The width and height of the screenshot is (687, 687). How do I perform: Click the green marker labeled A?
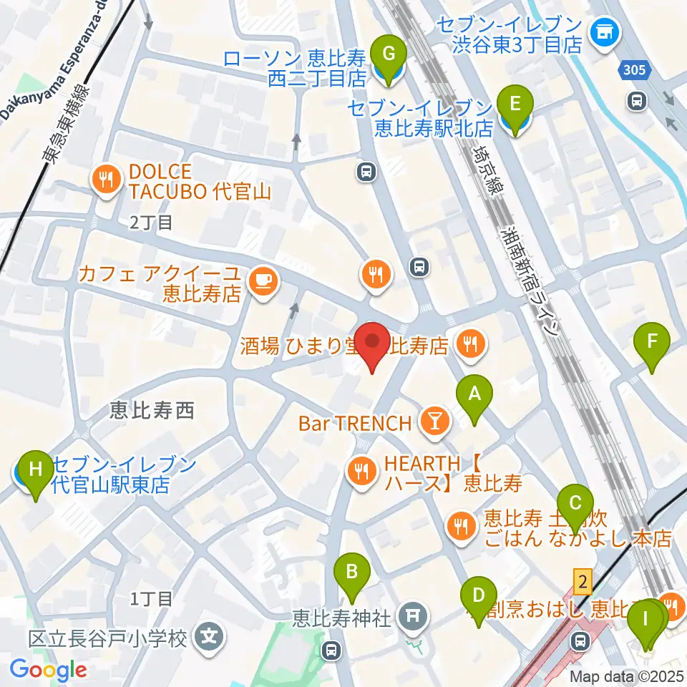pyautogui.click(x=473, y=394)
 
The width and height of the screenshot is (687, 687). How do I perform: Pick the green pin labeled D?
pyautogui.click(x=479, y=595)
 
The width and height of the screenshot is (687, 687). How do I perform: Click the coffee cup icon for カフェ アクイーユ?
pyautogui.click(x=260, y=281)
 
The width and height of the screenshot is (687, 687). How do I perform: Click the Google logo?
pyautogui.click(x=48, y=670)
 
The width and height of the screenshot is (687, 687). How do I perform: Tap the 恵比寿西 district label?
pyautogui.click(x=152, y=410)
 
